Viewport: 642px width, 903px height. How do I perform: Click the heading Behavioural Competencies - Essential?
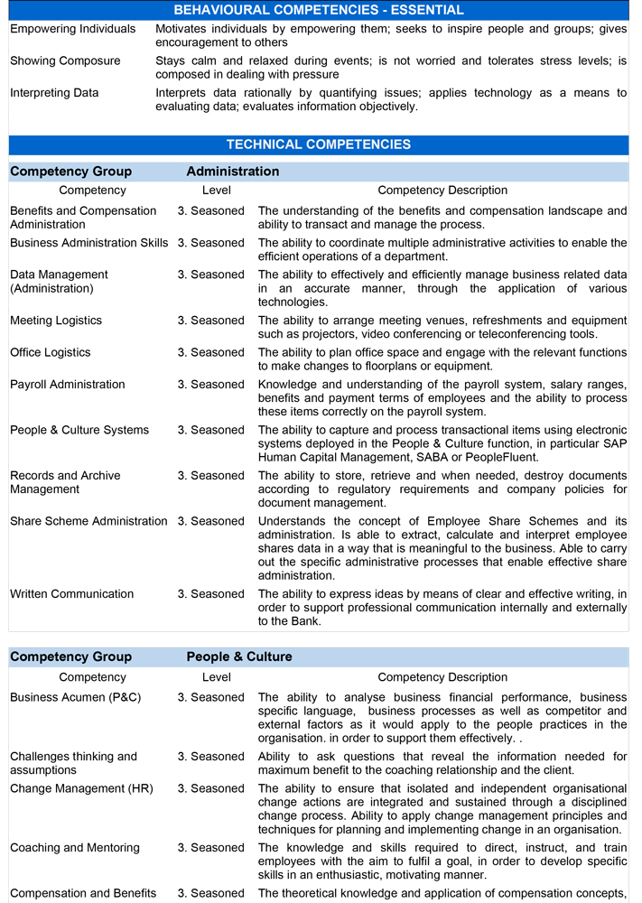pyautogui.click(x=319, y=10)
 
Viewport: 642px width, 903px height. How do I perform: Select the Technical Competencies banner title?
pyautogui.click(x=319, y=144)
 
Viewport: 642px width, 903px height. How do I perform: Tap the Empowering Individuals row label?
pyautogui.click(x=73, y=29)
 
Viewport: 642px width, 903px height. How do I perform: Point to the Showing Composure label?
pyautogui.click(x=65, y=61)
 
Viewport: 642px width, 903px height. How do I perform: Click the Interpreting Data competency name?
pyautogui.click(x=54, y=93)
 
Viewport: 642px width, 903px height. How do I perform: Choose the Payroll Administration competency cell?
pyautogui.click(x=68, y=385)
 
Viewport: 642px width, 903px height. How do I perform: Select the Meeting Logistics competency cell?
pyautogui.click(x=56, y=321)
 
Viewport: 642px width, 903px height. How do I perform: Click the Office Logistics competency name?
pyautogui.click(x=51, y=352)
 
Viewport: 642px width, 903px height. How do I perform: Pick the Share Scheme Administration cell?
pyautogui.click(x=88, y=521)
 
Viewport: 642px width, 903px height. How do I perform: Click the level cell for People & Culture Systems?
pyautogui.click(x=210, y=430)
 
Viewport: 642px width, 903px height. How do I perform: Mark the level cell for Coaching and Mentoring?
pyautogui.click(x=210, y=848)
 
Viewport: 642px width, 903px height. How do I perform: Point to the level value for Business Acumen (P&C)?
pyautogui.click(x=210, y=697)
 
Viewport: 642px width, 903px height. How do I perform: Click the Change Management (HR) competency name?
pyautogui.click(x=81, y=788)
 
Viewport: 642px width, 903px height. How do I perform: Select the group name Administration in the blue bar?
pyautogui.click(x=233, y=172)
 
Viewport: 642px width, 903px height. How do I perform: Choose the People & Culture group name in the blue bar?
pyautogui.click(x=239, y=656)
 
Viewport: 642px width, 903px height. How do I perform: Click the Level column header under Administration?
pyautogui.click(x=217, y=191)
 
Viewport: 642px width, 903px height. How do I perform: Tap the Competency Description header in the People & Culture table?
pyautogui.click(x=442, y=677)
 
